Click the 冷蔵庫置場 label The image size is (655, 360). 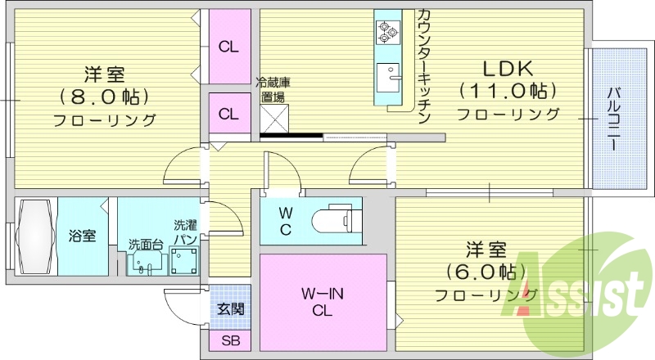click(x=272, y=89)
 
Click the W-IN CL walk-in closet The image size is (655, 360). click(x=323, y=303)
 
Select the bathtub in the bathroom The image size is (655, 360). click(x=34, y=237)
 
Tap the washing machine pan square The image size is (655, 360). click(x=183, y=263)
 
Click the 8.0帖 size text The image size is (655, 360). click(x=104, y=97)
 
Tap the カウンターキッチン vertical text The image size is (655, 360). click(x=423, y=65)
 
